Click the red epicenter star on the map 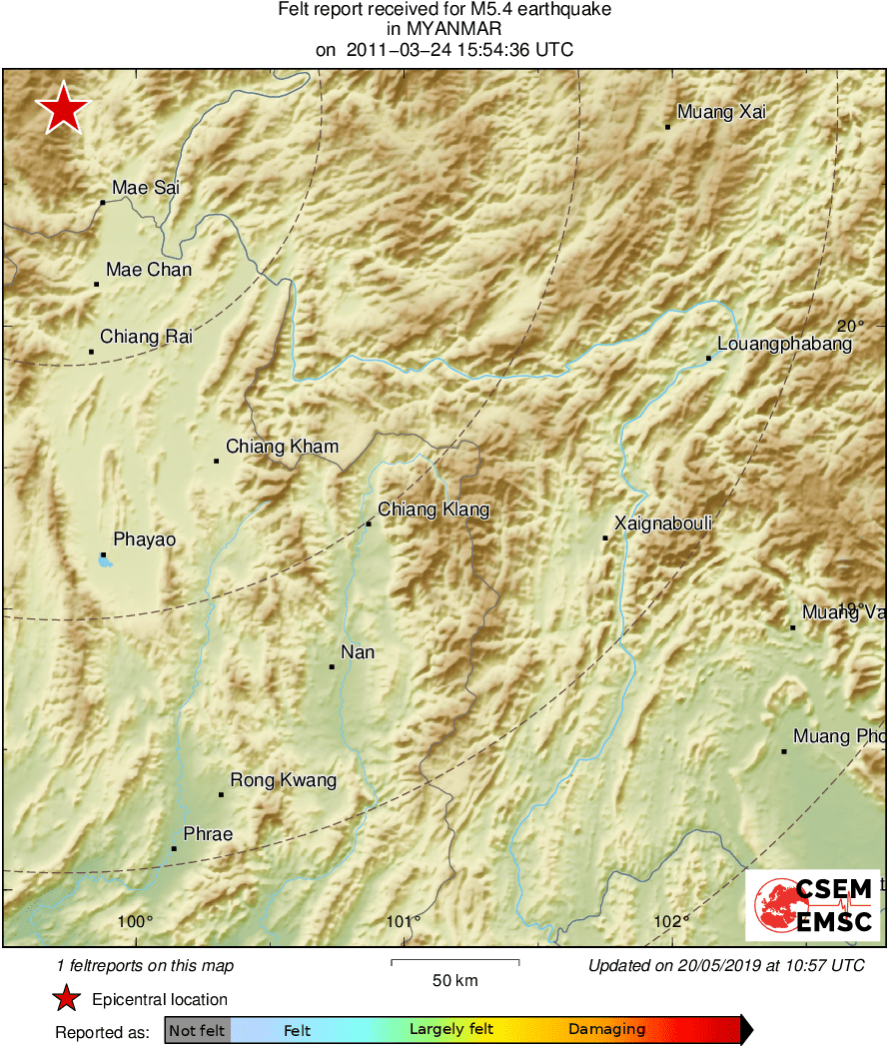tap(64, 108)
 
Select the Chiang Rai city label tap(146, 338)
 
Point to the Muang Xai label tap(721, 113)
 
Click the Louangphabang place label tap(785, 345)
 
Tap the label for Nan tap(358, 652)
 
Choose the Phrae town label tap(208, 835)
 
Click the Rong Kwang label tap(284, 780)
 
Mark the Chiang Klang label tap(434, 511)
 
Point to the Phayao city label tap(145, 540)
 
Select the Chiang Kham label tap(283, 447)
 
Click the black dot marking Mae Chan tap(97, 284)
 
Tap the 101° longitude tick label tap(404, 921)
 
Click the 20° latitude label tap(851, 327)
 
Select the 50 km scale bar tap(454, 962)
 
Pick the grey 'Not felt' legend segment tap(197, 1030)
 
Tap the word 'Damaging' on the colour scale tap(606, 1030)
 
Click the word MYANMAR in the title tap(444, 30)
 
